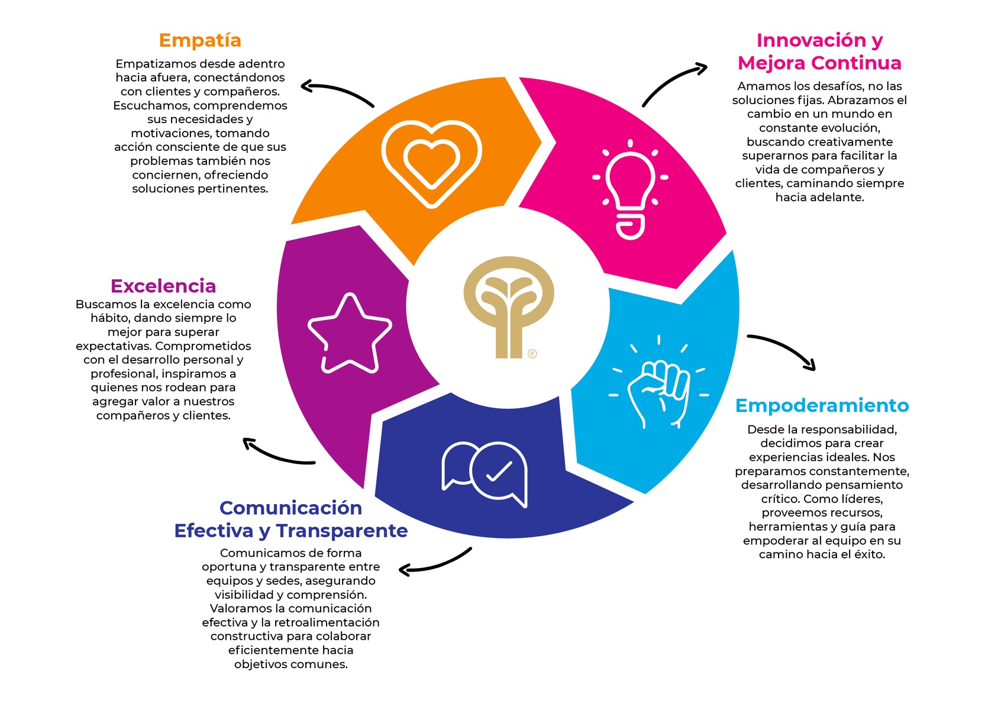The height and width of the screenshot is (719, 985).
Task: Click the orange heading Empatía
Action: tap(200, 40)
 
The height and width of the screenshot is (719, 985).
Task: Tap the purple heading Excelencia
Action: tap(163, 286)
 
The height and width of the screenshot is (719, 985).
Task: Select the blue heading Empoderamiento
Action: tap(822, 405)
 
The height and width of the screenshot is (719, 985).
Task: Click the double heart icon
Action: tap(432, 163)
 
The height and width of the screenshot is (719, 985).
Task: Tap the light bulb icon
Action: tap(631, 189)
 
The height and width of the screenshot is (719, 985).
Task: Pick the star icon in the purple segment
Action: tap(350, 335)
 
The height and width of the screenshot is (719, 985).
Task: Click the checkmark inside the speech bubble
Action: tap(499, 472)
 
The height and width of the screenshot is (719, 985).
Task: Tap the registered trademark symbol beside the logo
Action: tap(532, 354)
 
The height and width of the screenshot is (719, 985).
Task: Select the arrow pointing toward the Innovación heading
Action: tap(673, 83)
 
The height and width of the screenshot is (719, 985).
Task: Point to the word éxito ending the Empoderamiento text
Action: tap(869, 554)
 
